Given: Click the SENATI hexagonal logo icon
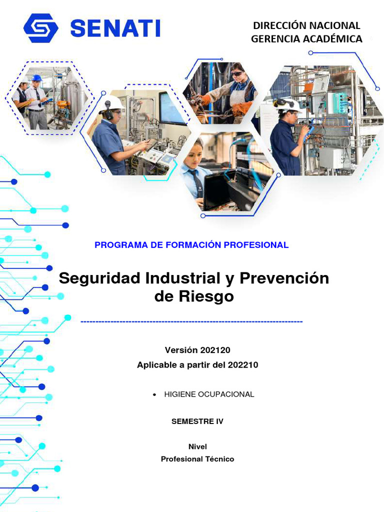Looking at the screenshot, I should [40, 28].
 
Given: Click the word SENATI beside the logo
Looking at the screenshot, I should [115, 28].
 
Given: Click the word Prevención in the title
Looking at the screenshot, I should [284, 278].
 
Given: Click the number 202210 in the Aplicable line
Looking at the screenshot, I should [242, 365].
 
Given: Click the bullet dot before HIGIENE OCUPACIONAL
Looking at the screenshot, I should [154, 395].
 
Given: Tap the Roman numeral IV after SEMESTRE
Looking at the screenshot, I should [219, 421].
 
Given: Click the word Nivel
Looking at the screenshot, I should [197, 446].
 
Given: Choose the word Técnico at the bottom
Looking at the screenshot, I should [219, 459].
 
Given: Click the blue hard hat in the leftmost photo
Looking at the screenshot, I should [37, 78].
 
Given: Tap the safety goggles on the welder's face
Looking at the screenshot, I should [237, 74].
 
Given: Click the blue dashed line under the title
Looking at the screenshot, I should [191, 321].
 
